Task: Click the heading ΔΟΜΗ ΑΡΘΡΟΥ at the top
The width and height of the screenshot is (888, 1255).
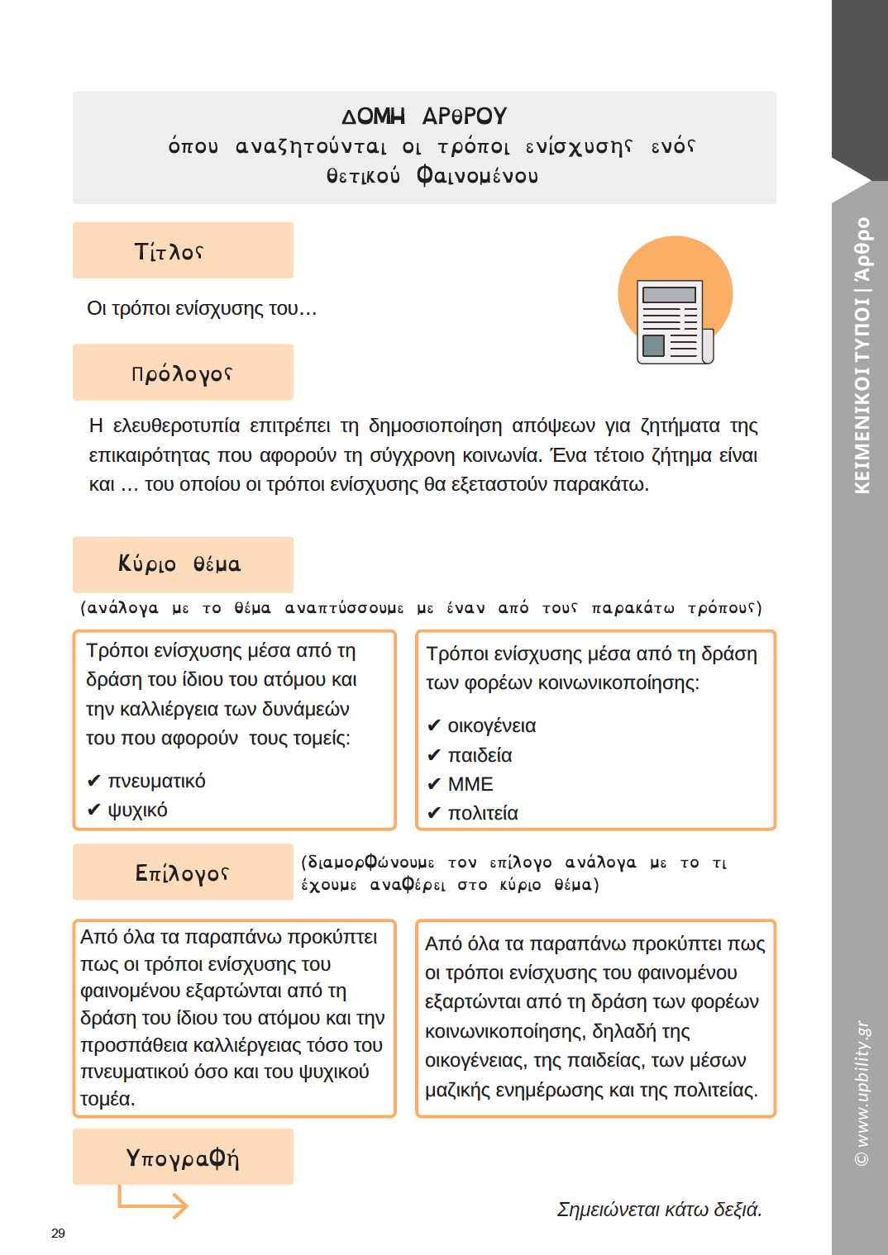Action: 424,116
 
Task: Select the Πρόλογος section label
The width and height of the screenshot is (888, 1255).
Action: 182,373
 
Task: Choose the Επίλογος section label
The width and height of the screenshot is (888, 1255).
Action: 182,872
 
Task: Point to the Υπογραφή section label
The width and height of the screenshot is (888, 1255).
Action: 183,1158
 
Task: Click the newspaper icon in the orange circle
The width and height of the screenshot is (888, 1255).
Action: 675,321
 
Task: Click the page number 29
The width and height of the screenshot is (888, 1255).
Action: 58,1233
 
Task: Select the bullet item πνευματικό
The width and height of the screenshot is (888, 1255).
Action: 156,781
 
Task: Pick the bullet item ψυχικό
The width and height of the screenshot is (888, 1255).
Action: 137,810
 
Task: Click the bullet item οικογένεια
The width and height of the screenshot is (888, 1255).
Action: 491,725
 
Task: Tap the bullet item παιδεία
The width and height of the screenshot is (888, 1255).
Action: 480,755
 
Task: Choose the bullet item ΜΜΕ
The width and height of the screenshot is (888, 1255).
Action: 470,784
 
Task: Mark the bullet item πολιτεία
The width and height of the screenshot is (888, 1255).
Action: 483,813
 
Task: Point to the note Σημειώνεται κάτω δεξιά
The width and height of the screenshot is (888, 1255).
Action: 659,1210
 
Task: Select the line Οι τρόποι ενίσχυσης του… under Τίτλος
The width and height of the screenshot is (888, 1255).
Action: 202,309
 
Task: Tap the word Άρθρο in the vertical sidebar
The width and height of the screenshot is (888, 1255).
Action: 862,249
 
